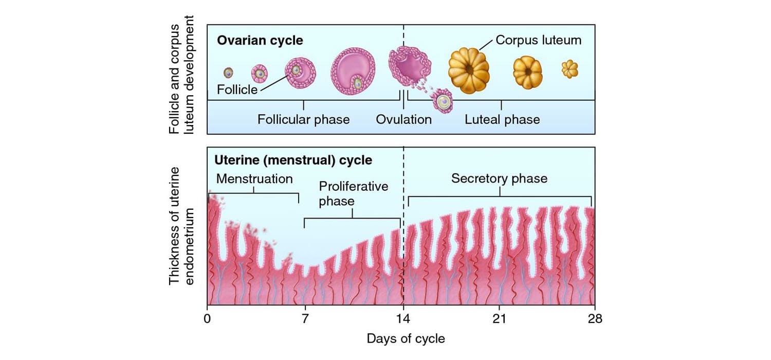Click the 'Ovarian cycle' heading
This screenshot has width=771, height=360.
coord(260,40)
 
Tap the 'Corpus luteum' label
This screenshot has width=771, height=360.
coord(538,40)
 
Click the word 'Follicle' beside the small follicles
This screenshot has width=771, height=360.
coord(237,90)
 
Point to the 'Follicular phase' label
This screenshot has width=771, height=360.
coord(303,120)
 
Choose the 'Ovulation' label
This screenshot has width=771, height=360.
coord(403,120)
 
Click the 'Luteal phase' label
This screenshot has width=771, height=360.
coord(502,120)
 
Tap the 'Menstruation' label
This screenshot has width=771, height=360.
coord(254,179)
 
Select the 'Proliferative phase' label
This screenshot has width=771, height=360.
coord(353,193)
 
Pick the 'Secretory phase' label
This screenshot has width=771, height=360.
coord(499,179)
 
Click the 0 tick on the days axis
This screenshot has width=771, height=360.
coord(207,319)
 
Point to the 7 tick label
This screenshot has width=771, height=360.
coord(305,319)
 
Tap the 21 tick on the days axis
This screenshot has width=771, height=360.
coord(499,319)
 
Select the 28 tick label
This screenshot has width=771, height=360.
coord(595,319)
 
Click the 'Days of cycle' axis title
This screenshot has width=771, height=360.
coord(406,339)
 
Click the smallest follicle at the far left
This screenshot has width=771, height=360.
coord(229,73)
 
